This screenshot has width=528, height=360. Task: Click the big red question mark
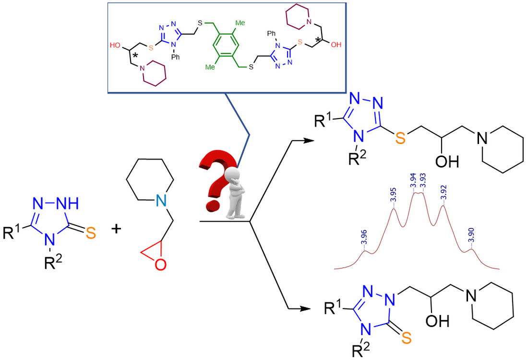[214, 180]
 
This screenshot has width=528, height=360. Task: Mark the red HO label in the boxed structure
[116, 46]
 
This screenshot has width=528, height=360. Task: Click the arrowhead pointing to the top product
[308, 141]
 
